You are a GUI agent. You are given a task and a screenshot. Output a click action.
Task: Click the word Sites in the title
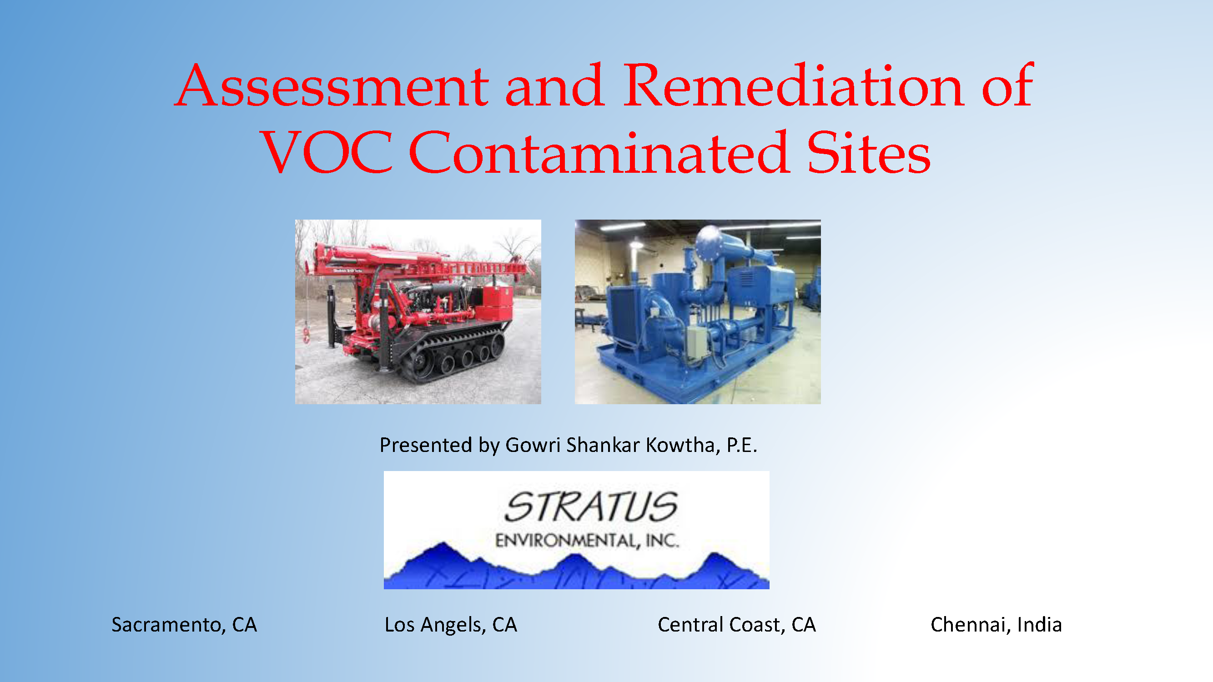click(x=869, y=151)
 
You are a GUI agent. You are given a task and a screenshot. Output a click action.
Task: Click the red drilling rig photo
click(x=418, y=311)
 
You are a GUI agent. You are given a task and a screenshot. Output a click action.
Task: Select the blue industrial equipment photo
click(x=698, y=311)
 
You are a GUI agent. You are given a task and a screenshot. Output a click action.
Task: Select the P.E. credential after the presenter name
click(x=742, y=445)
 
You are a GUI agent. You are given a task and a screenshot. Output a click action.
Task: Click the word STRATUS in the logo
click(x=591, y=507)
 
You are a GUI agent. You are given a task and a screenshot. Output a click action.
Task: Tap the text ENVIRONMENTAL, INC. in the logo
click(x=587, y=540)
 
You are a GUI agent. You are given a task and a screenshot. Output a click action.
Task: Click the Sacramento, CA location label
click(x=184, y=625)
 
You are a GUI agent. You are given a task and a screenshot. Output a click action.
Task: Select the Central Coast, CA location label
click(x=736, y=625)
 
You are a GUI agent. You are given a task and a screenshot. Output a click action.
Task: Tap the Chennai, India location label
click(x=997, y=625)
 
